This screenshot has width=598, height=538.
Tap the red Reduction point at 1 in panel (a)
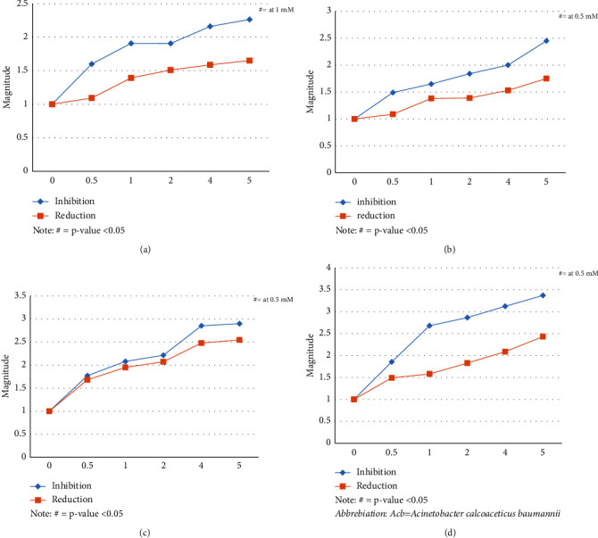[131, 78]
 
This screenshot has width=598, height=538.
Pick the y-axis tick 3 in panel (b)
[329, 11]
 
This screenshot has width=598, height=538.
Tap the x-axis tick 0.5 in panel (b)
[393, 181]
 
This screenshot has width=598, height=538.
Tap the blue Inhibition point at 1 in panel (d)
[430, 326]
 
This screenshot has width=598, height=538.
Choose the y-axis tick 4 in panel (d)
[329, 268]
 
